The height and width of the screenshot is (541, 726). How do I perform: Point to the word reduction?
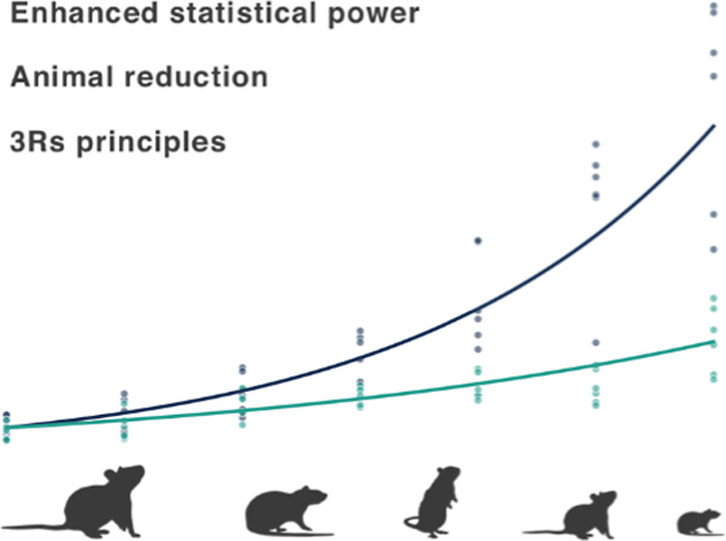click(194, 78)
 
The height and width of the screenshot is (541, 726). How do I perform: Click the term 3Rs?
click(33, 142)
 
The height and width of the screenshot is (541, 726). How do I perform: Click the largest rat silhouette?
click(97, 499)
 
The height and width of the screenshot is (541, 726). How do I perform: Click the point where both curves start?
click(6, 428)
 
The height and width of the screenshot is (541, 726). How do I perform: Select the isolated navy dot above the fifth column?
click(478, 239)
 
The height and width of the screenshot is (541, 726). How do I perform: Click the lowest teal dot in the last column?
click(714, 378)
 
